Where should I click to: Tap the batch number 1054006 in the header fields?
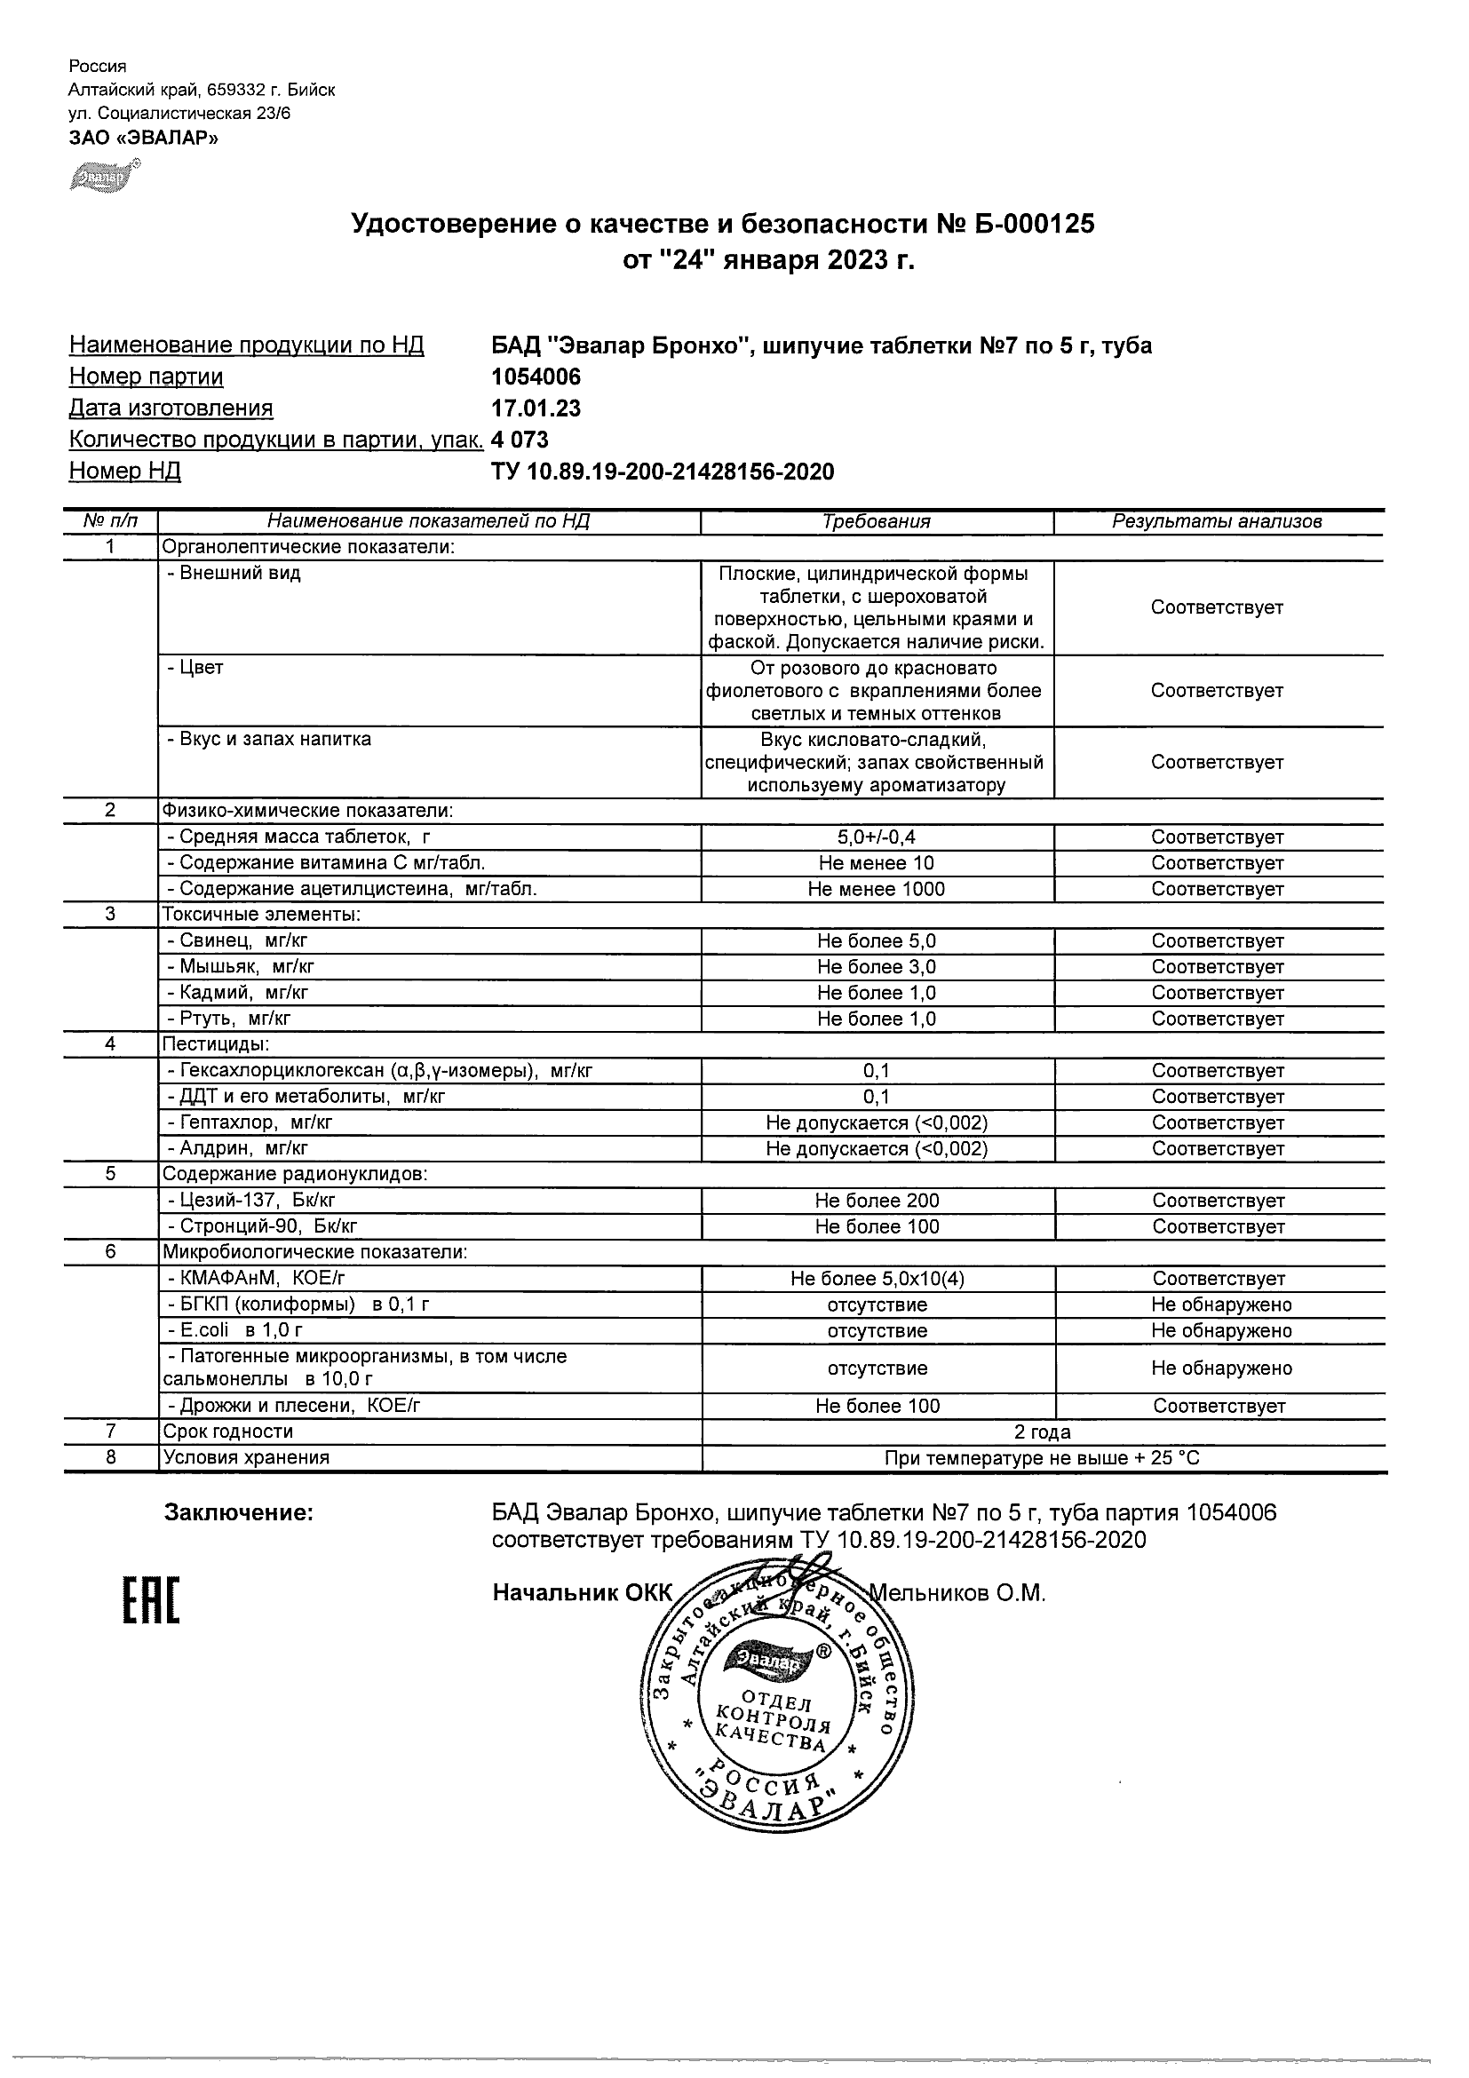[536, 377]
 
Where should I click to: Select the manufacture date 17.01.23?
[536, 408]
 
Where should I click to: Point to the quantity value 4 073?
[520, 440]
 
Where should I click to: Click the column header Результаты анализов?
[1218, 521]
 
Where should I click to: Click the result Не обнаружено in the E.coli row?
[1221, 1330]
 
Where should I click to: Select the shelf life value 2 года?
[1043, 1432]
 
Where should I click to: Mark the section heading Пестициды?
[216, 1044]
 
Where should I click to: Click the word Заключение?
[238, 1513]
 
